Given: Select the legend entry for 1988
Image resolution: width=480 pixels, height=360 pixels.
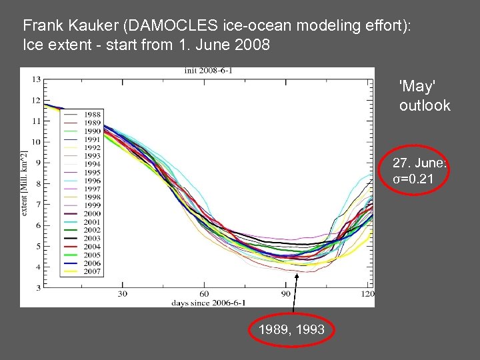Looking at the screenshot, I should point(92,114).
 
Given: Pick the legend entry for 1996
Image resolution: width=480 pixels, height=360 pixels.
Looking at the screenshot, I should point(92,180).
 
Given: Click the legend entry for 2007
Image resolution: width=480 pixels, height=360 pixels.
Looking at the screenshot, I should point(92,271).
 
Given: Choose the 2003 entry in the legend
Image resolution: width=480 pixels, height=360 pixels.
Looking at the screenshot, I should point(92,238).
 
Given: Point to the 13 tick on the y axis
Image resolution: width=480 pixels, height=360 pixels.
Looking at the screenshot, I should point(36,79).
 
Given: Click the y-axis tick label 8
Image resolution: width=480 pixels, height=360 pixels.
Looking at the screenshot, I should point(38,183).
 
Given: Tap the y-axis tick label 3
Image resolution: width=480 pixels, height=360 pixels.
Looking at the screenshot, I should point(38,287).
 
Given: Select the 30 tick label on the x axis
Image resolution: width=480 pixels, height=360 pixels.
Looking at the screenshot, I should point(123,294).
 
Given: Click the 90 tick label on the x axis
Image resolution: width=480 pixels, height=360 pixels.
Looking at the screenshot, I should point(285,294).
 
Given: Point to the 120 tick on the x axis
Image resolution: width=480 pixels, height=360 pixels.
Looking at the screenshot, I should point(366,294).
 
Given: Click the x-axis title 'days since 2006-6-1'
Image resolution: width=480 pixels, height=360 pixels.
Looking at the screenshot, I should point(204,302).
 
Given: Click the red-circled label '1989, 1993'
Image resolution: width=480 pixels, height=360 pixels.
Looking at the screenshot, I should point(291,329).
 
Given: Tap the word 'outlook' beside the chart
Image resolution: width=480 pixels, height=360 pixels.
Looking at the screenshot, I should point(425,105).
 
